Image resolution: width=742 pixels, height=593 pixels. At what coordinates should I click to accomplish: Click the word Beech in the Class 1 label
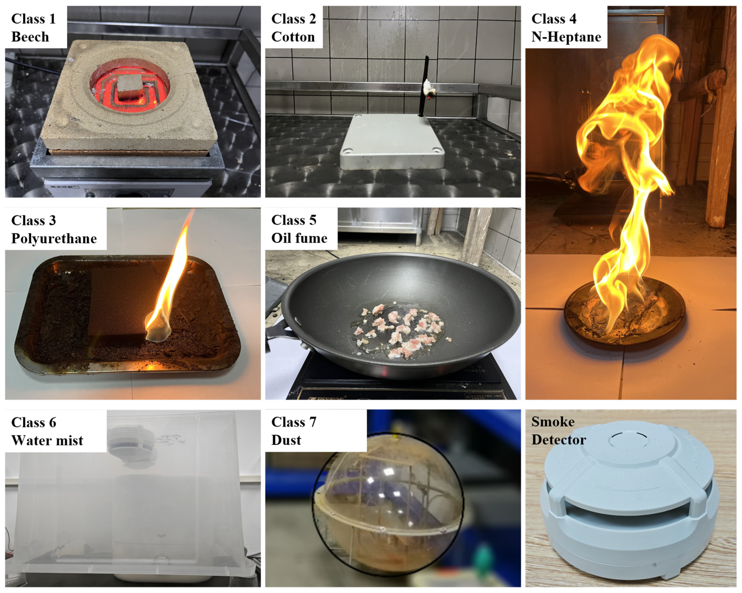pyautogui.click(x=30, y=37)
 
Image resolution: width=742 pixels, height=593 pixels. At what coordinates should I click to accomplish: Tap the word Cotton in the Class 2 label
pyautogui.click(x=293, y=37)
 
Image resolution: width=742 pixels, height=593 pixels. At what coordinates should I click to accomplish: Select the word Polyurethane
pyautogui.click(x=54, y=238)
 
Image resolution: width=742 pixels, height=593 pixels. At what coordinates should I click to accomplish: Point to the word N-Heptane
pyautogui.click(x=566, y=37)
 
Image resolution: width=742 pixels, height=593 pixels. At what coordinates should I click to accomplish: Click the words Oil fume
pyautogui.click(x=299, y=238)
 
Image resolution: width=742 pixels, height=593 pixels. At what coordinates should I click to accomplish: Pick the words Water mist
pyautogui.click(x=47, y=440)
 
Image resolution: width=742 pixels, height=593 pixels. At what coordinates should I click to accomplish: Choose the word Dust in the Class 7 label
pyautogui.click(x=286, y=440)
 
